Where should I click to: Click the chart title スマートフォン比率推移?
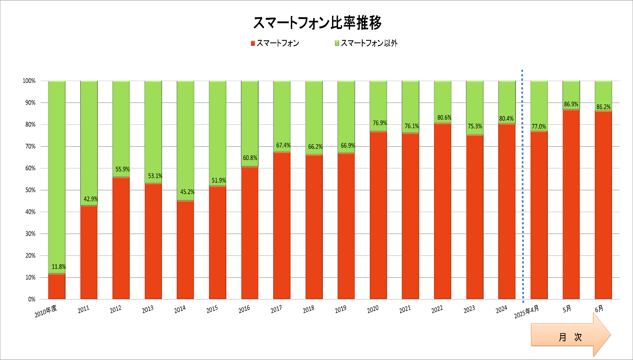(317, 23)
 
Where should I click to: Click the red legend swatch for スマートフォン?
(253, 43)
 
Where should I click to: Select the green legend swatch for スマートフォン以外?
(337, 43)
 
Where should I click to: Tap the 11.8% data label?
(59, 267)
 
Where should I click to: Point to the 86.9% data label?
(571, 104)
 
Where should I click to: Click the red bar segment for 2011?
(89, 252)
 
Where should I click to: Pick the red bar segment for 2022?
(442, 210)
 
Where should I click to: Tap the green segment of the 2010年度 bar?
(57, 176)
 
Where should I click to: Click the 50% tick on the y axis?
(29, 190)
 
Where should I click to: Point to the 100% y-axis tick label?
(29, 81)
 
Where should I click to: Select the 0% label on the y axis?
(31, 300)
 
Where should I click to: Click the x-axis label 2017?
(276, 310)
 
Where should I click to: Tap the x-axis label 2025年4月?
(527, 312)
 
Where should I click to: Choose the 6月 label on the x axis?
(599, 308)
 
